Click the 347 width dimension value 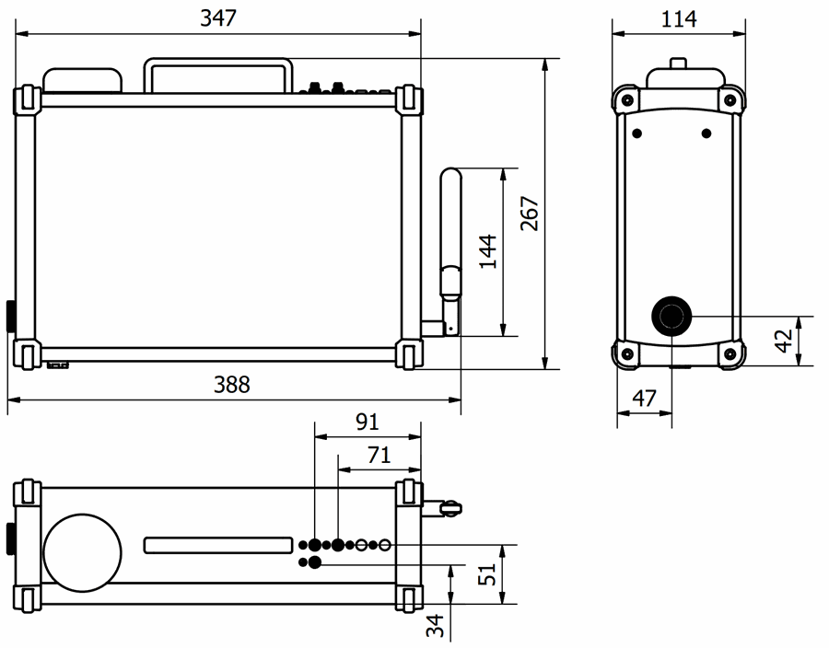click(x=218, y=18)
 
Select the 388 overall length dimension click(x=231, y=385)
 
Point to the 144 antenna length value click(x=487, y=251)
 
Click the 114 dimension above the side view click(x=680, y=18)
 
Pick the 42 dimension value click(x=783, y=341)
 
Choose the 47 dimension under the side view click(x=645, y=399)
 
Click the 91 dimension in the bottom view click(x=368, y=422)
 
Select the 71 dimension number click(x=379, y=454)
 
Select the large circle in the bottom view click(x=83, y=551)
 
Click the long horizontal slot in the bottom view click(x=219, y=546)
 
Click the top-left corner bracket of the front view click(x=27, y=100)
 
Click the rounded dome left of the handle click(x=83, y=80)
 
